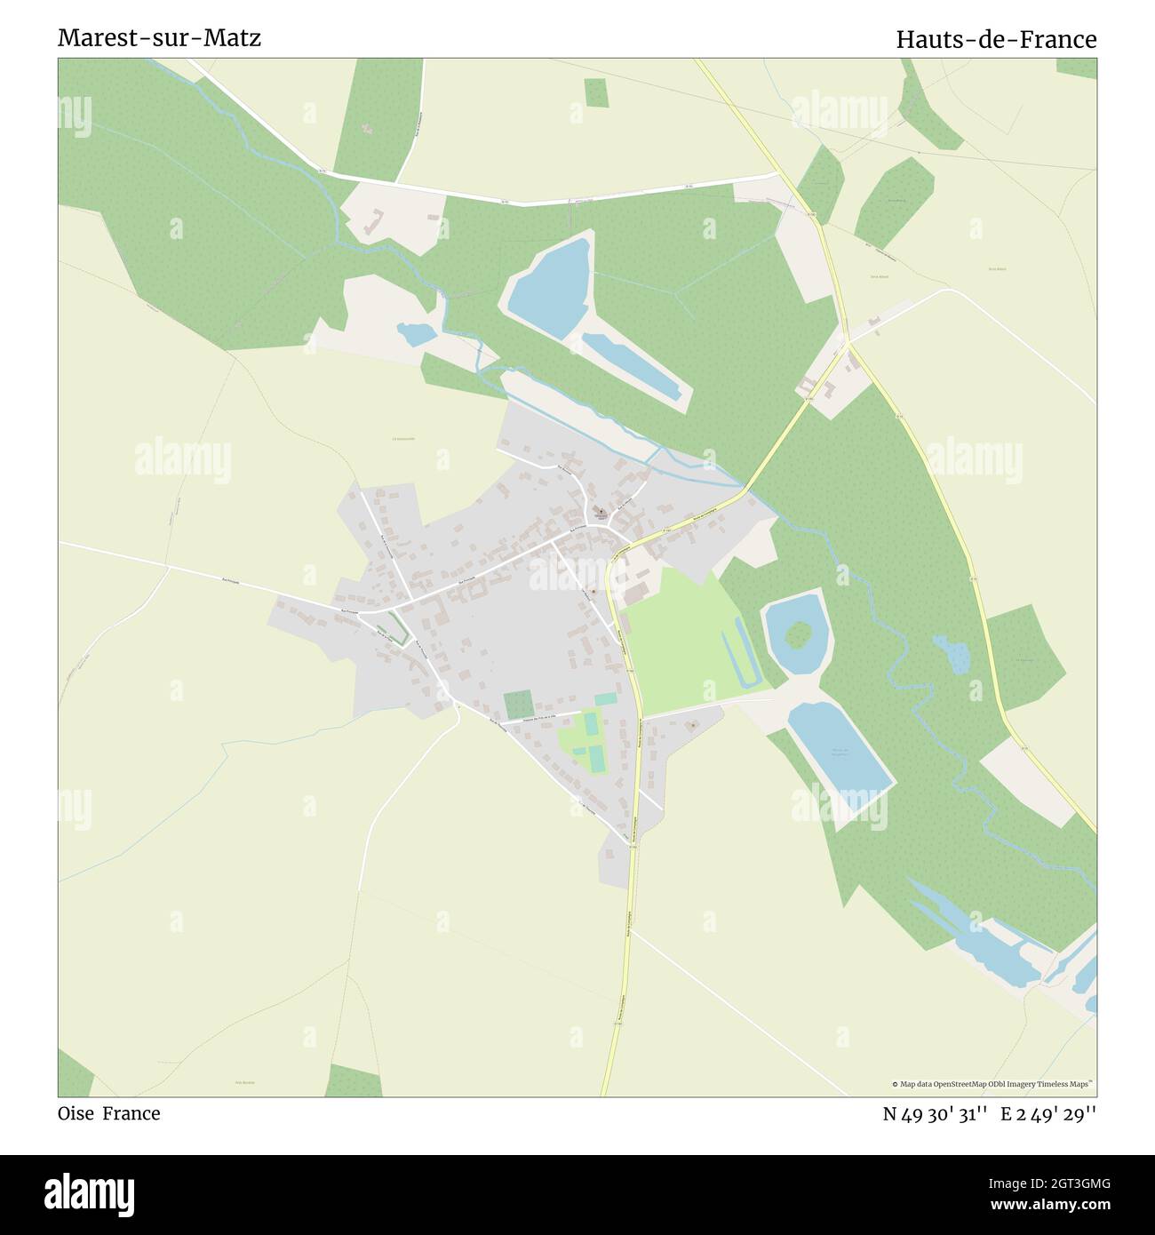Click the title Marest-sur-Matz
point(159,38)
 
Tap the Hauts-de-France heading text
point(996,39)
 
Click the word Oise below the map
point(76,1113)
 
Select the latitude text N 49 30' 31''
point(936,1114)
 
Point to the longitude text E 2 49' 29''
point(1048,1114)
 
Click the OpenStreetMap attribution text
point(993,1084)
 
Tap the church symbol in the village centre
point(601,512)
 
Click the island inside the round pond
point(799,634)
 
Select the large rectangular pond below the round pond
point(839,745)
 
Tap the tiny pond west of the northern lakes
point(416,334)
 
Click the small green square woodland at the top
point(595,92)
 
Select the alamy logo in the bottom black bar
point(89,1193)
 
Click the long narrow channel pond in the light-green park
point(745,653)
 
